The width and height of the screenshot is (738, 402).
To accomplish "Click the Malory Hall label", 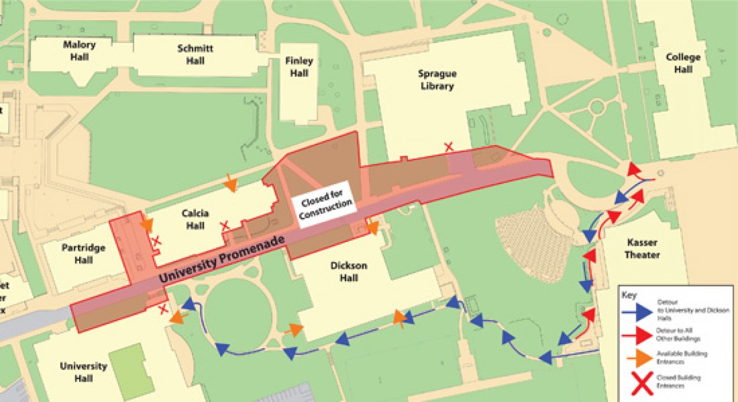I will [x=80, y=51].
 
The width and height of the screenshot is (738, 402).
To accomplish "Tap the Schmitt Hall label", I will [x=195, y=54].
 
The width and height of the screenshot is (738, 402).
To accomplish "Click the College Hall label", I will [x=683, y=63].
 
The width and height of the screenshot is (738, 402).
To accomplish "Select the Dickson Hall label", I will [x=349, y=272].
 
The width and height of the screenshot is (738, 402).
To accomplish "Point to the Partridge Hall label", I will [x=83, y=254].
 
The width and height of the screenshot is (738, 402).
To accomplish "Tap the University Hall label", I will [x=83, y=372].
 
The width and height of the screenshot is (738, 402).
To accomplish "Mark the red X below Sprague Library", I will [x=449, y=146].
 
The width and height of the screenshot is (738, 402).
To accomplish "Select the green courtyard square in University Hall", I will [x=132, y=371].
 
